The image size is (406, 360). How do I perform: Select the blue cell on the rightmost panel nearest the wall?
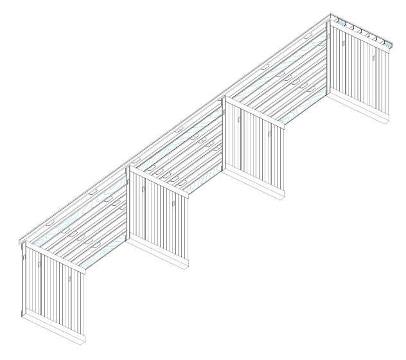pyautogui.click(x=343, y=24)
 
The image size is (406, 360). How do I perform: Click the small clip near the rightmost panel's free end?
pyautogui.click(x=374, y=57)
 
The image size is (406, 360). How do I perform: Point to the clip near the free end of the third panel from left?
pyautogui.click(x=269, y=134)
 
